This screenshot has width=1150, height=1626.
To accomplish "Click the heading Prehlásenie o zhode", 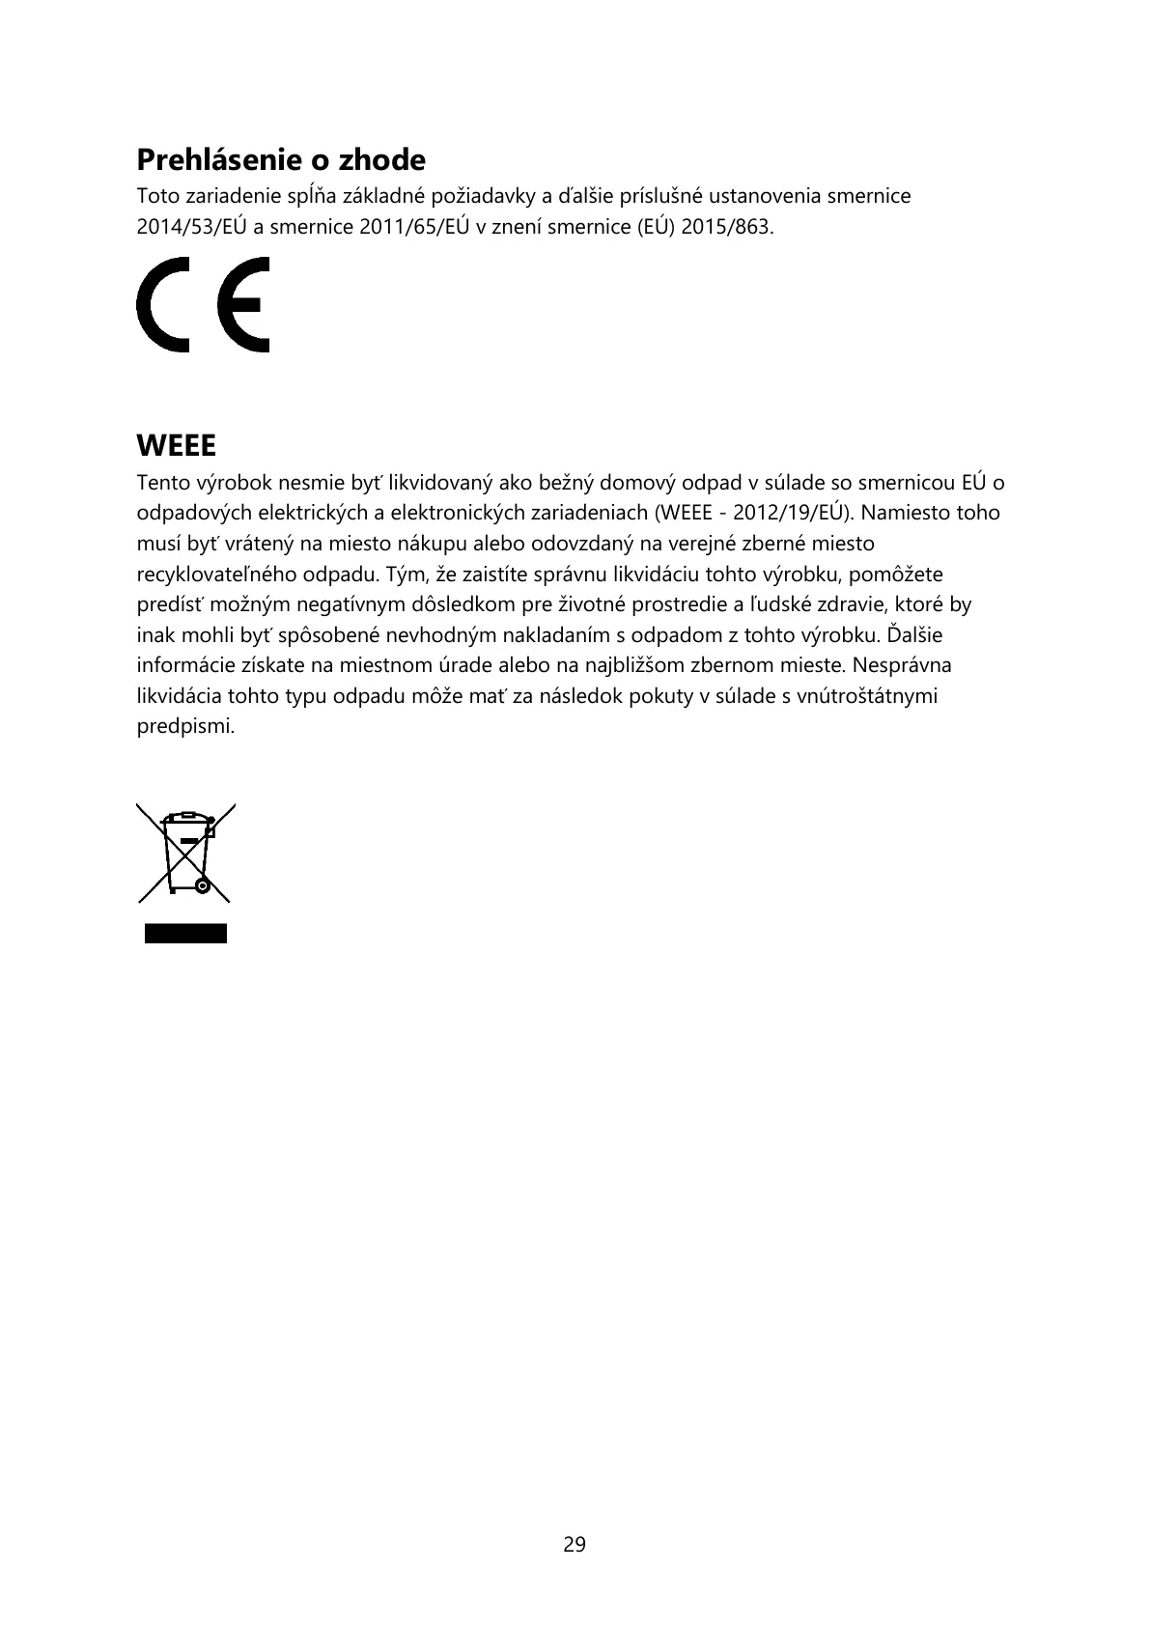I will click(280, 159).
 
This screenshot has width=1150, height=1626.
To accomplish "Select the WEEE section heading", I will click(176, 446).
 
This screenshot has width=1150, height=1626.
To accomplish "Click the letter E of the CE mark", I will click(243, 304).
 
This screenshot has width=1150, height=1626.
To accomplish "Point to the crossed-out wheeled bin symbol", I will click(186, 853).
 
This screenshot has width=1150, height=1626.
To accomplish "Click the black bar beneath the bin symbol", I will click(186, 933).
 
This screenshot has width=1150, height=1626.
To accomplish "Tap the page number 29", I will click(575, 1544).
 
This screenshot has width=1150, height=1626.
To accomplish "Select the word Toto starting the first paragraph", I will click(158, 197).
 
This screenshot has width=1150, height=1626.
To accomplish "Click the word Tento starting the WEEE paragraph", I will click(163, 482).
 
